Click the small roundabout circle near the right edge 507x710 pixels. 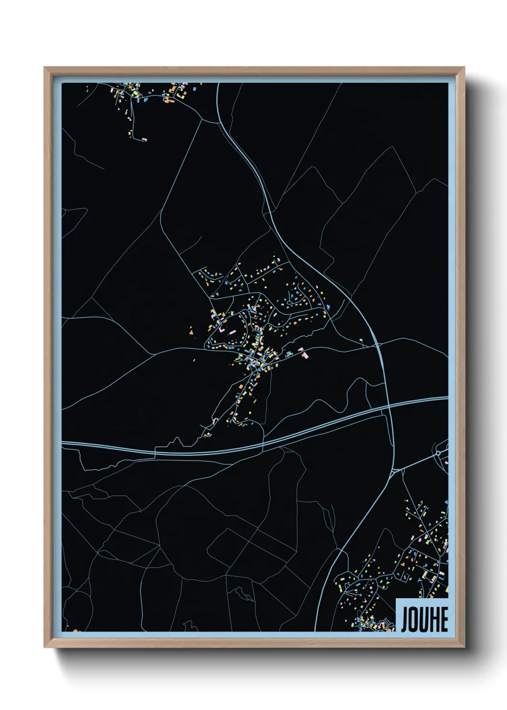[438, 453]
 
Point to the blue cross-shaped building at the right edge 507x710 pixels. [446, 502]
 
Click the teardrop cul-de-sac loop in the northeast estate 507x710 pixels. [301, 290]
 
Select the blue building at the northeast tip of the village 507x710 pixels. [329, 306]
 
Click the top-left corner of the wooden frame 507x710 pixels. [45, 68]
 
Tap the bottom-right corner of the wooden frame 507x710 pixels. [464, 647]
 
